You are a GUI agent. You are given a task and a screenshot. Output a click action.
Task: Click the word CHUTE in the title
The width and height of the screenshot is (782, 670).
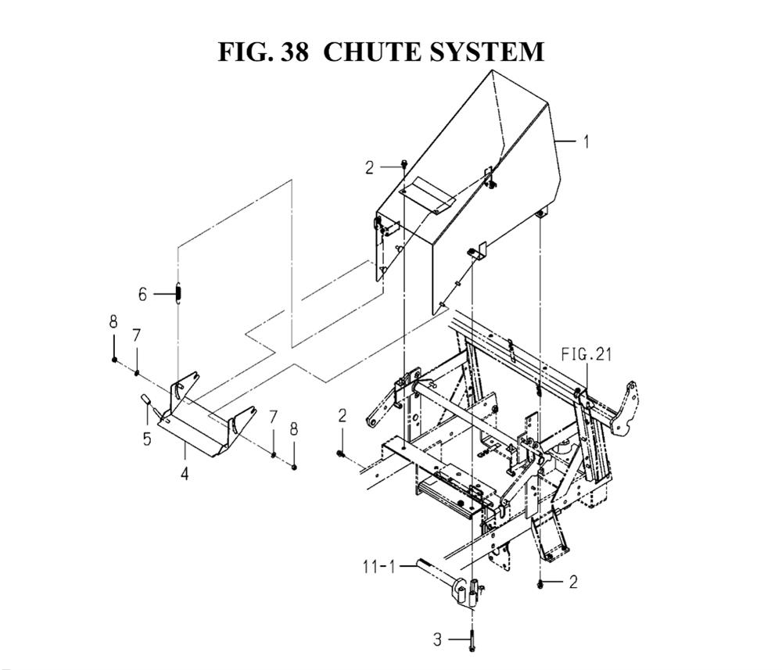(x=371, y=52)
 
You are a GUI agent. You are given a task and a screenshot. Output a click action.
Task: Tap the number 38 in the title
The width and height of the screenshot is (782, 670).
(x=294, y=52)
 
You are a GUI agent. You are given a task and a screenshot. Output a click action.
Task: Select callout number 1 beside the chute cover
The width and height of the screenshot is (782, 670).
(x=586, y=142)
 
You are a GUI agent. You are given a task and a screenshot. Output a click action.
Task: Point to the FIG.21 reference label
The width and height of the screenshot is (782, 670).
(x=586, y=354)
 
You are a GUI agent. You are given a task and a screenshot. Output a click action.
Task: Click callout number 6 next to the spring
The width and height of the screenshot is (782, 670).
(x=142, y=295)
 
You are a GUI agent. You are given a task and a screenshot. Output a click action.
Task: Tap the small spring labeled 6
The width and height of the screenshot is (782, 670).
(x=178, y=292)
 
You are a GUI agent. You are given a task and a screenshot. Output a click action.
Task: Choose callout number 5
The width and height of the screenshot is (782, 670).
(x=147, y=439)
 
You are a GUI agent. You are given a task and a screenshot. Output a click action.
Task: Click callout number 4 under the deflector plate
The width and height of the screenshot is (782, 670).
(x=185, y=474)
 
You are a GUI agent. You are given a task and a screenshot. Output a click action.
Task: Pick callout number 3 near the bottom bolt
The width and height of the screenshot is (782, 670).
(x=437, y=640)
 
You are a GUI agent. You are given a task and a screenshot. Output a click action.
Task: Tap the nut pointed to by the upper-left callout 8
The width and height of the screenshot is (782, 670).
(x=114, y=360)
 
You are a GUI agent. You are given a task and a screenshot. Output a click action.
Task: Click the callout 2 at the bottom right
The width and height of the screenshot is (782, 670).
(x=573, y=582)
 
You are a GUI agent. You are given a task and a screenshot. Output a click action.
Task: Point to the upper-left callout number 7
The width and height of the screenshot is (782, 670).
(x=136, y=335)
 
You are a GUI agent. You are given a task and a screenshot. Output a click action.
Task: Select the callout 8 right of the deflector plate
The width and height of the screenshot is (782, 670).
(x=294, y=429)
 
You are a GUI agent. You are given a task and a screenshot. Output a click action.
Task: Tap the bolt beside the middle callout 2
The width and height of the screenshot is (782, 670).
(x=341, y=453)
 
